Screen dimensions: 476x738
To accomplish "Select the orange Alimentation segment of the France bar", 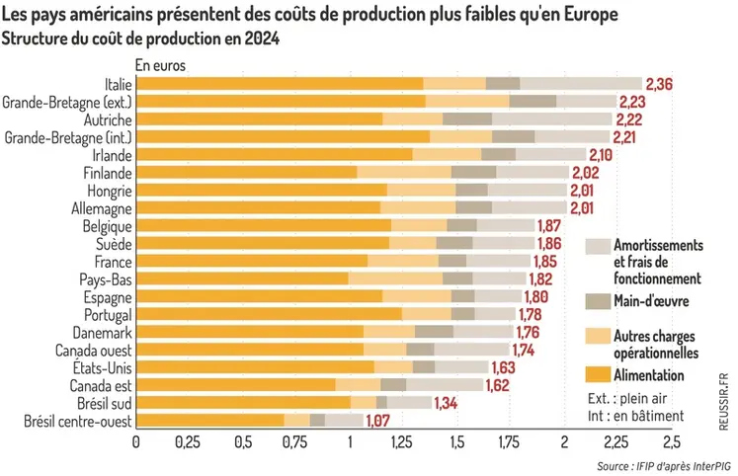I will [251, 261].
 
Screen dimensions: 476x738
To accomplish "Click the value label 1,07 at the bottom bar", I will [381, 422].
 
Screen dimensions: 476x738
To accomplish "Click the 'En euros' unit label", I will [160, 65].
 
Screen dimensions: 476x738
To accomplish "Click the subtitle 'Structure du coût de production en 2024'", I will [140, 40].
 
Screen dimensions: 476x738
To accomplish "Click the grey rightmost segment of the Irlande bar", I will [550, 155].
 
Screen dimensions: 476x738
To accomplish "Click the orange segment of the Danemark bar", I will [249, 332].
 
